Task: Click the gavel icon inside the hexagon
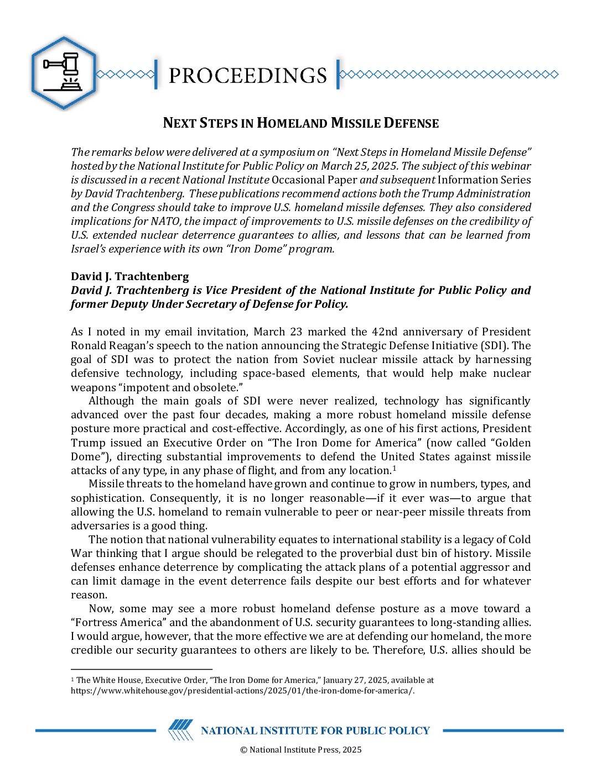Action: tap(63, 72)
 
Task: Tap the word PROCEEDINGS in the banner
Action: tap(247, 75)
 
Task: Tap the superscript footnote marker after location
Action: tap(395, 468)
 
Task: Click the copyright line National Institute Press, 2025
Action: tap(301, 750)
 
